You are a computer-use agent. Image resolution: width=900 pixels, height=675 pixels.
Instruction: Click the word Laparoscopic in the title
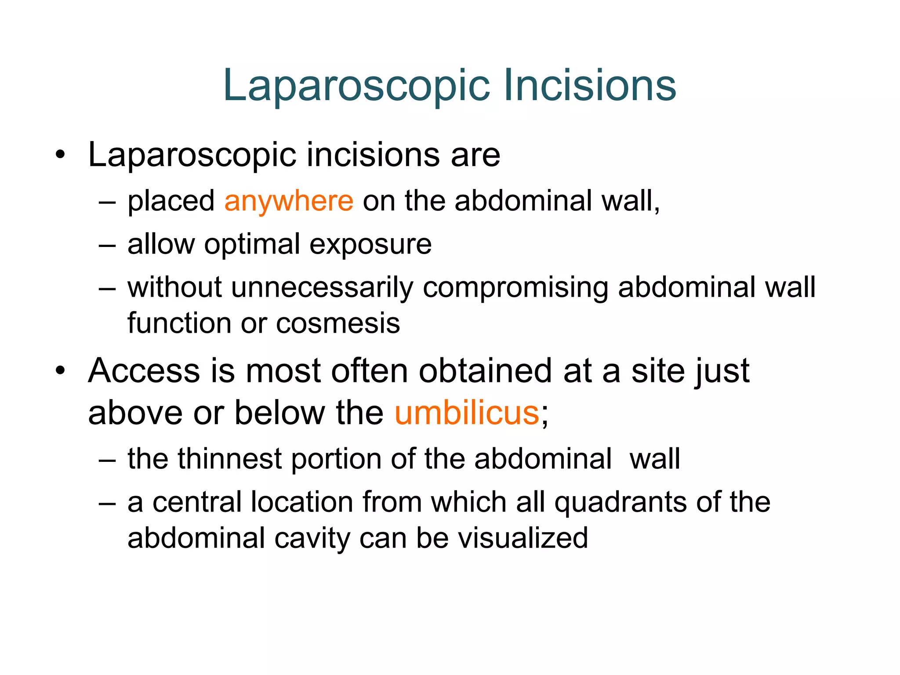(356, 86)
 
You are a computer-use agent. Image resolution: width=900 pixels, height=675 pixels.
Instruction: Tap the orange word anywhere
(289, 201)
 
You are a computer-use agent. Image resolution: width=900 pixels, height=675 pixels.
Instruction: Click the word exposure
(370, 245)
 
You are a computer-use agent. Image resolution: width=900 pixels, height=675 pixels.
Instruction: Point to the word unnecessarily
(322, 288)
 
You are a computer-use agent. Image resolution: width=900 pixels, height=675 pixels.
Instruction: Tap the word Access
(144, 370)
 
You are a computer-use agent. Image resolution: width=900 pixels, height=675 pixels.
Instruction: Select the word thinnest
(229, 459)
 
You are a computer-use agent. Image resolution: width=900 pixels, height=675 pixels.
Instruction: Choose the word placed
(171, 201)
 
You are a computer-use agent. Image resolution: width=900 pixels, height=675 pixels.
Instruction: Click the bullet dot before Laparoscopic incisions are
(60, 155)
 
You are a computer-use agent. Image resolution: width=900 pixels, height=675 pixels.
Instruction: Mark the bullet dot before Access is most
(60, 370)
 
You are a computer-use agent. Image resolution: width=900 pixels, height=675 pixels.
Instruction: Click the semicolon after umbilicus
(545, 415)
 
